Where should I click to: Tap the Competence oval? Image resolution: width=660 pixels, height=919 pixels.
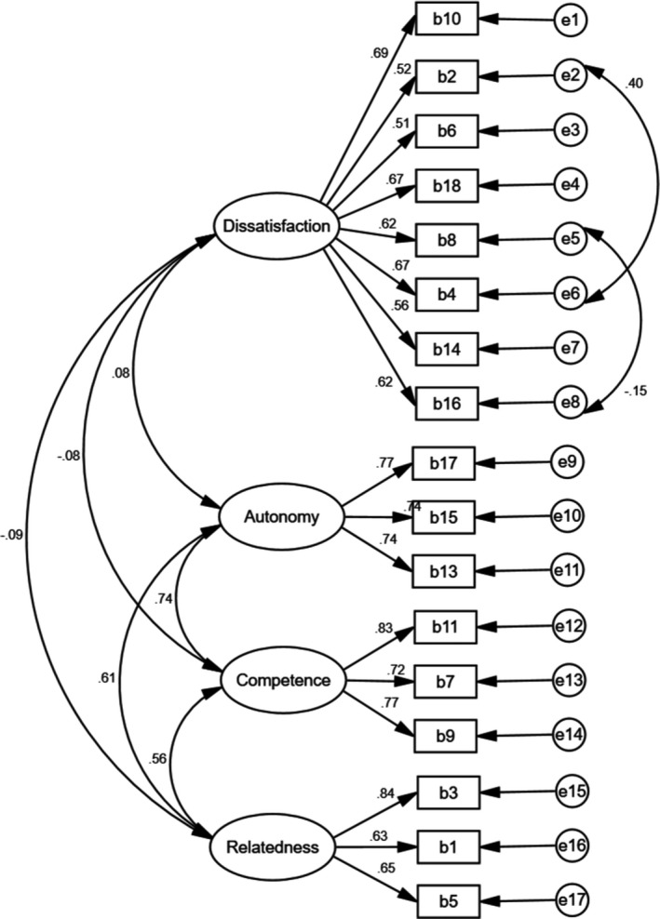(x=283, y=680)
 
